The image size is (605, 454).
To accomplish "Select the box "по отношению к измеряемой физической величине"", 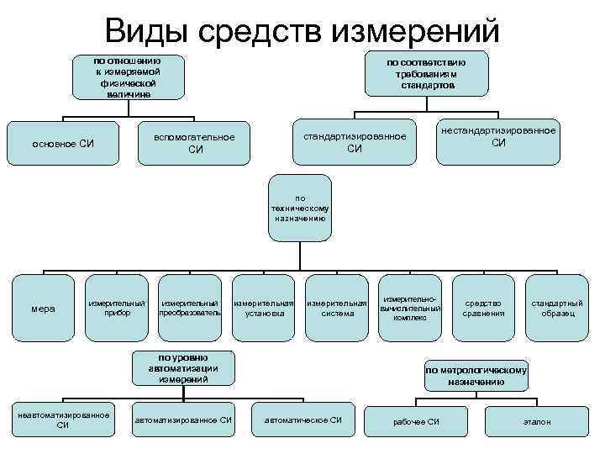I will [129, 77].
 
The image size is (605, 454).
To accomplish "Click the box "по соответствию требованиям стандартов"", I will [426, 74].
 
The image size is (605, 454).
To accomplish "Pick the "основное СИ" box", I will [63, 144].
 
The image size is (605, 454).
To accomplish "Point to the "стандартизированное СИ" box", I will [354, 142].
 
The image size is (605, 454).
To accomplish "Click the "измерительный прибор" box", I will [117, 308].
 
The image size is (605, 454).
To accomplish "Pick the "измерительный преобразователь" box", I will [190, 308].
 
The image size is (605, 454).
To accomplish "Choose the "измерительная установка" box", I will [264, 308].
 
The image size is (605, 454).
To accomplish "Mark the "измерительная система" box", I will [337, 308].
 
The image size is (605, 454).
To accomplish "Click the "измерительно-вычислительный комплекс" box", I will [410, 308].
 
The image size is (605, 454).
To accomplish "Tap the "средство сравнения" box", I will [483, 308].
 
